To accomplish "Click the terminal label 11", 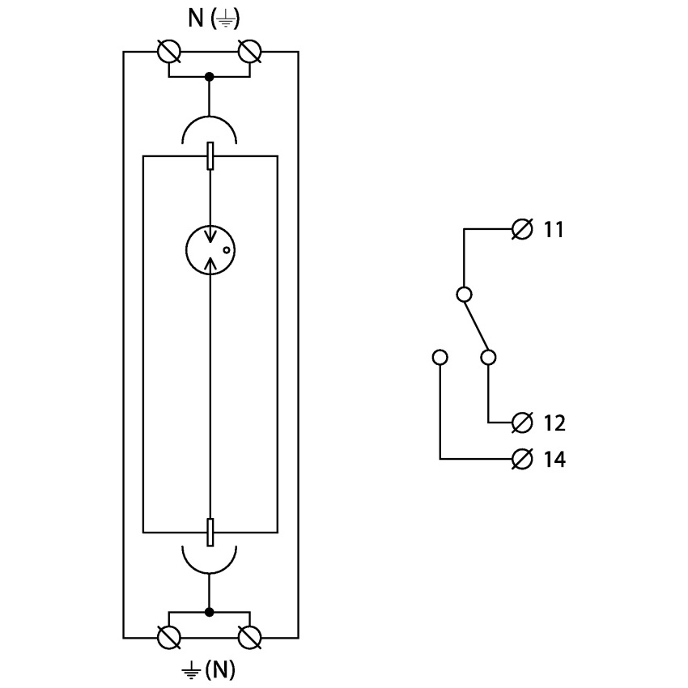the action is [x=554, y=229].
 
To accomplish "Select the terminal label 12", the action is [x=554, y=423].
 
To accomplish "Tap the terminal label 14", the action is [x=554, y=460].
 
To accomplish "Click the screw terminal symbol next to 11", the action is [x=522, y=229].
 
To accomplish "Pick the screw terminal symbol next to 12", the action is [x=522, y=423].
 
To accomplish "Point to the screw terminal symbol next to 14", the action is [x=522, y=460].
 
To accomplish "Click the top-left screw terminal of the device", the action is [x=169, y=52].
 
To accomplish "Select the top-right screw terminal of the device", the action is [x=249, y=52].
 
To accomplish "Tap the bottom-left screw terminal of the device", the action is [x=169, y=638].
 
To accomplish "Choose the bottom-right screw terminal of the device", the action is [x=249, y=638].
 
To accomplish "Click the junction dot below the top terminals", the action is [x=210, y=77].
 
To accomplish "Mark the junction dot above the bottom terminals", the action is [x=210, y=612].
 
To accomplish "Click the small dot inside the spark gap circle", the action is [x=227, y=250].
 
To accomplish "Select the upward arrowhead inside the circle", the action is [x=211, y=263].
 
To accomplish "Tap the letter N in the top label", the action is [x=196, y=19].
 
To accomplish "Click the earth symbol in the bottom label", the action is [x=191, y=671].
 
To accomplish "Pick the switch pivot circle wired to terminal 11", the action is [x=465, y=294].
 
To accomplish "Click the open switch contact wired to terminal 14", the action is [x=440, y=357].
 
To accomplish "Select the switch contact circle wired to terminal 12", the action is [x=488, y=357].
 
